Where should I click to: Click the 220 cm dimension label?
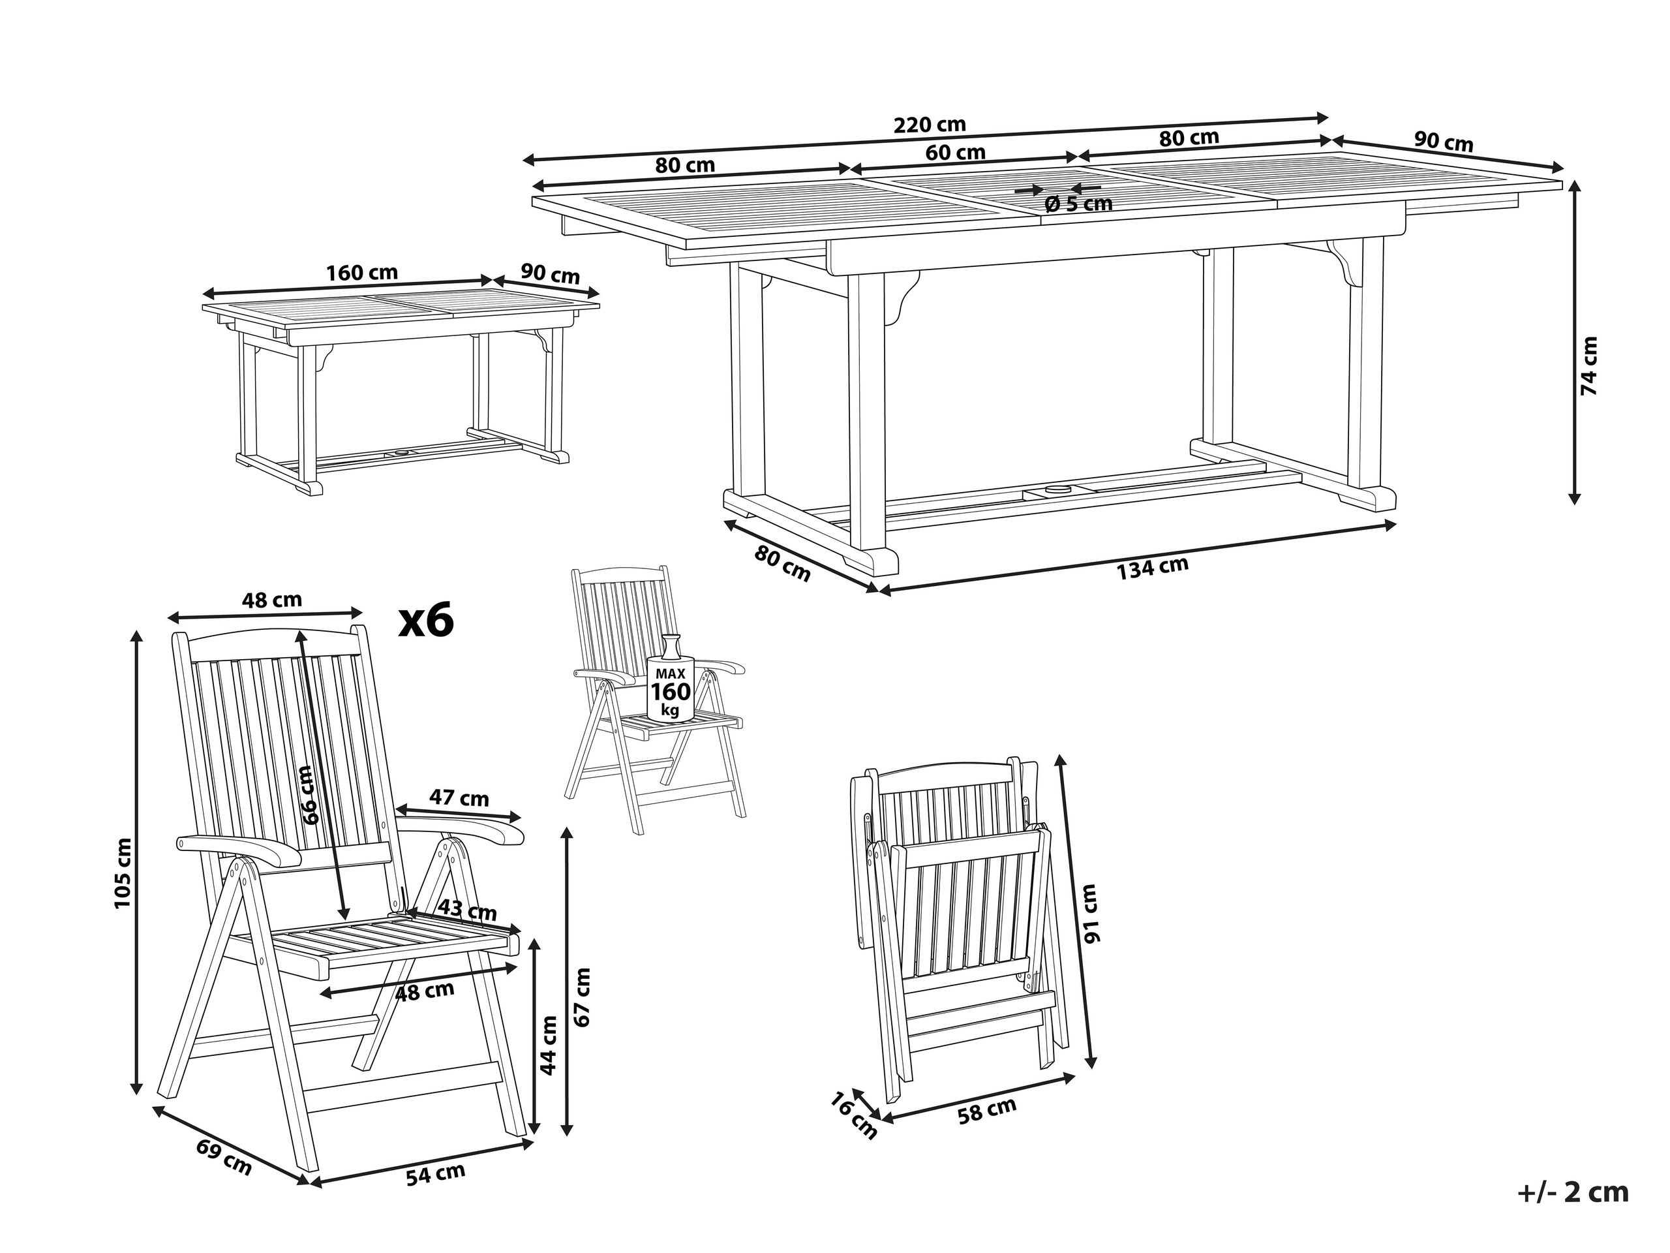[930, 125]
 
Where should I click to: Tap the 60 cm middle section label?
[956, 153]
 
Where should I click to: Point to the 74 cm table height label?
[1589, 367]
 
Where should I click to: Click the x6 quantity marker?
[427, 621]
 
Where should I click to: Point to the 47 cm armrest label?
[459, 798]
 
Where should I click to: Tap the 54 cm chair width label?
[436, 1175]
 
